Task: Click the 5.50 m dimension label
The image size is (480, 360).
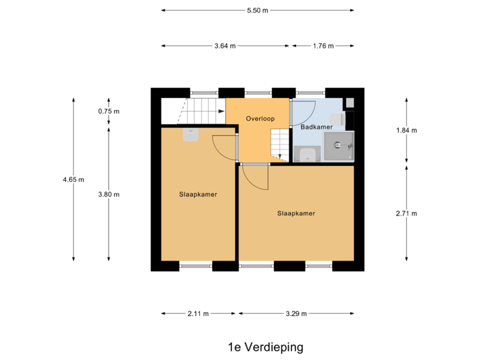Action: [x=257, y=10]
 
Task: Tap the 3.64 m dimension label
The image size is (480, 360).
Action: [x=225, y=46]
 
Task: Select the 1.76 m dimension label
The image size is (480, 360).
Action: [x=323, y=46]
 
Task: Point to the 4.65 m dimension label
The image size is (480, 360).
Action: [x=73, y=179]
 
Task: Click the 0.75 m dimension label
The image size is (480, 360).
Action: [x=109, y=111]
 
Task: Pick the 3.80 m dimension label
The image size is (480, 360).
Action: [x=109, y=195]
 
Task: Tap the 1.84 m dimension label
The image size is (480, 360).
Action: [x=406, y=131]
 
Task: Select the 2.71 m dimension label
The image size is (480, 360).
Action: [x=406, y=213]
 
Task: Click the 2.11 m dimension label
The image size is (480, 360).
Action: [x=198, y=313]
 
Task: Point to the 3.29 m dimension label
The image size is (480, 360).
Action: [x=296, y=313]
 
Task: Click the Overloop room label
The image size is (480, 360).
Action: [x=260, y=119]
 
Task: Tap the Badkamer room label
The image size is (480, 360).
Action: [x=317, y=127]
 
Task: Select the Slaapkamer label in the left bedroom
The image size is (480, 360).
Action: [x=198, y=195]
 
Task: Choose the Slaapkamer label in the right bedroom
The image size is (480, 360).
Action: [x=296, y=213]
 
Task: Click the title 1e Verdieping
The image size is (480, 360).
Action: [x=265, y=347]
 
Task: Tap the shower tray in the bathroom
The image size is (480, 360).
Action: [x=339, y=146]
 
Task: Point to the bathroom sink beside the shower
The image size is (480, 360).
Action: [x=307, y=155]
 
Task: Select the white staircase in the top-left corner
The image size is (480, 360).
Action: [x=192, y=111]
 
